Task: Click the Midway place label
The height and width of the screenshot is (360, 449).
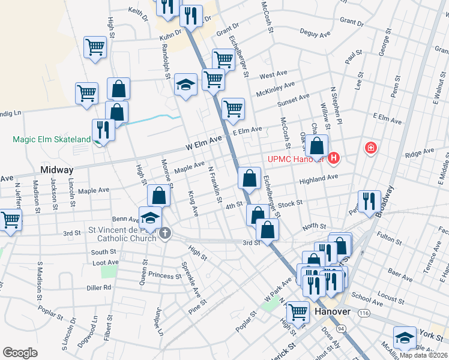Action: click(56, 170)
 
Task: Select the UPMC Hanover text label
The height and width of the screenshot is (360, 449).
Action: click(296, 160)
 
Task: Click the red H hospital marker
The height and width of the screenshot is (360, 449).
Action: click(334, 159)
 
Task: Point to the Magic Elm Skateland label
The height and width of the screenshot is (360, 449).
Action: click(52, 140)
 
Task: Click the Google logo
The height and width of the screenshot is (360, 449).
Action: click(20, 353)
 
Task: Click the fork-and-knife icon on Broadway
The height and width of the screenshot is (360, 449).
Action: click(369, 200)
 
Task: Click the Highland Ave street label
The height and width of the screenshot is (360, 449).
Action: click(320, 178)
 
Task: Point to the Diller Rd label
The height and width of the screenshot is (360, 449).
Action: click(99, 287)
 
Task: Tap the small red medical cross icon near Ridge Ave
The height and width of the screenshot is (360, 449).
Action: click(371, 148)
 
